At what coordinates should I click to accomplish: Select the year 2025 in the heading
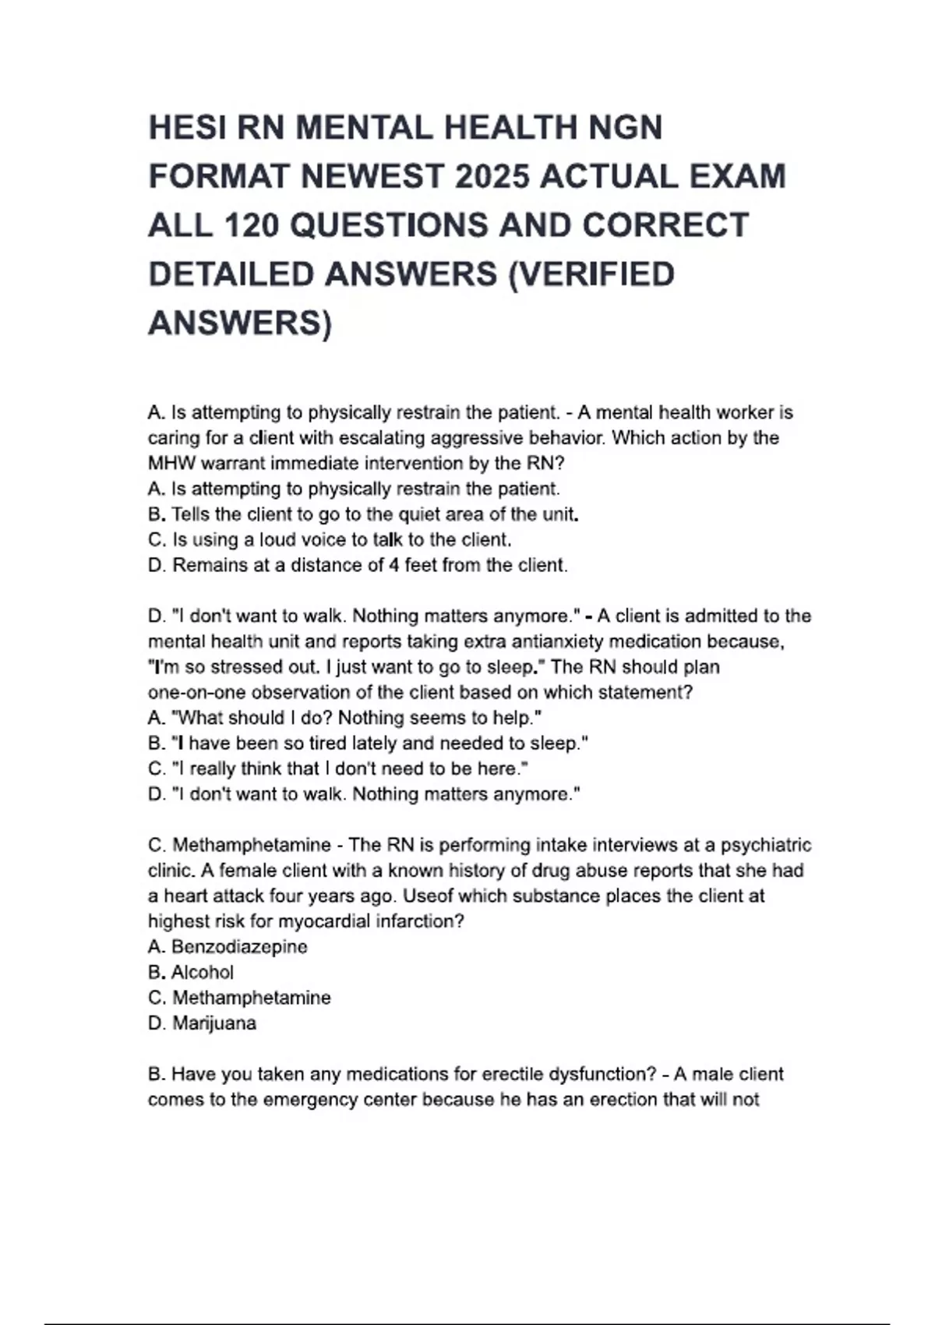[493, 177]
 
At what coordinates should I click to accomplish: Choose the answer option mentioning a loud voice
[329, 539]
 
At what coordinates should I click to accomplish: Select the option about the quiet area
[362, 514]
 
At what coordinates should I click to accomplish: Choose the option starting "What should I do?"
[344, 718]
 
